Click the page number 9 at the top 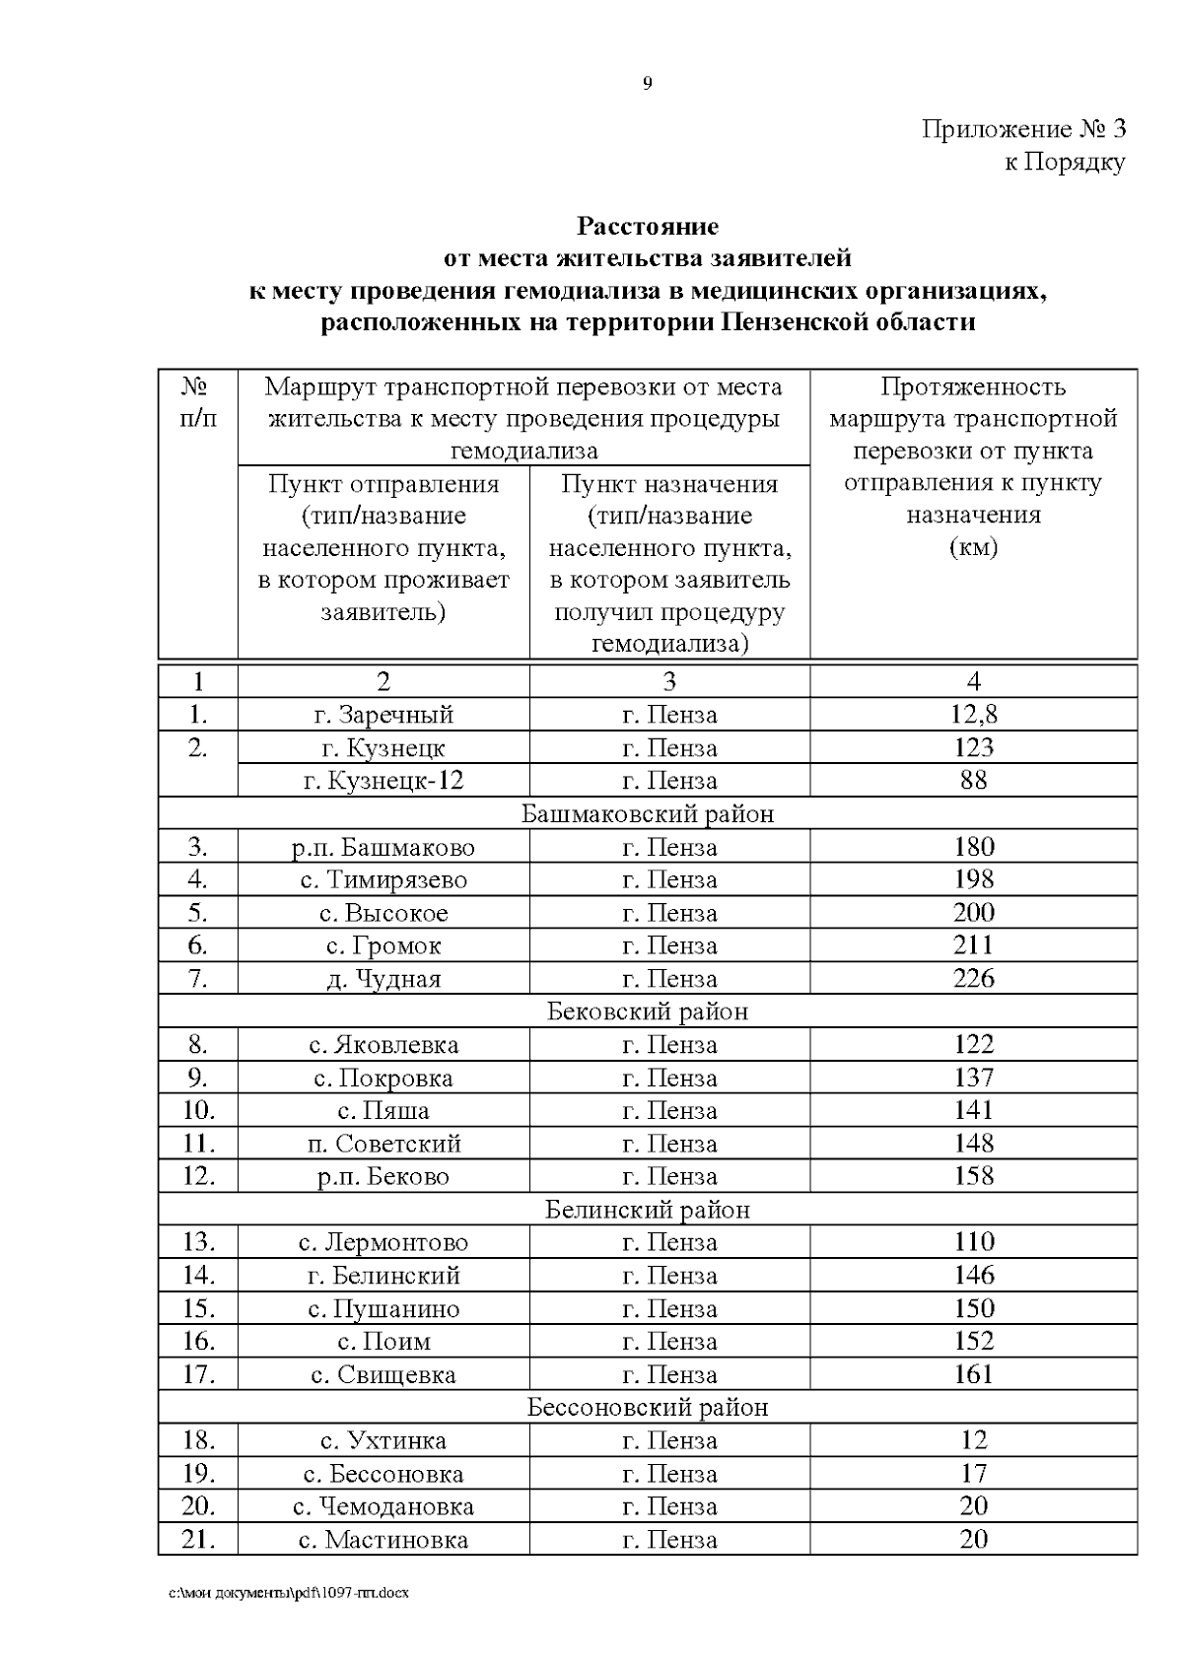point(647,84)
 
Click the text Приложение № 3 point(1022,129)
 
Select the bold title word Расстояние point(647,227)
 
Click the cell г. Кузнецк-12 point(383,781)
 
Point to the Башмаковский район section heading point(647,814)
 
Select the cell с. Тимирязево point(383,880)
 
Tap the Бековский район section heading point(647,1011)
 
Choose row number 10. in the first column point(198,1111)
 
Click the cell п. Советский point(383,1144)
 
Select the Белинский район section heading point(647,1210)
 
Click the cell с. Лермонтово point(383,1243)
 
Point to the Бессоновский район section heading point(647,1408)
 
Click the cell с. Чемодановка point(383,1506)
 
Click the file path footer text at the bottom point(289,1593)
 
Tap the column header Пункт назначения point(669,484)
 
